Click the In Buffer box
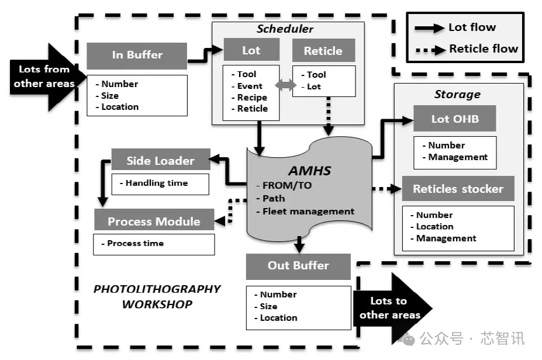(x=137, y=56)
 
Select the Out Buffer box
(x=298, y=266)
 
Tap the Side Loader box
(x=161, y=160)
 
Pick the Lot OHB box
(x=454, y=118)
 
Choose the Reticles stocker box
(x=458, y=189)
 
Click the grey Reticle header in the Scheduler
(x=323, y=50)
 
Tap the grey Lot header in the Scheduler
(x=251, y=50)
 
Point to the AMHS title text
(x=310, y=171)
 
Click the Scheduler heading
(x=285, y=29)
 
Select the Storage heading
(x=457, y=94)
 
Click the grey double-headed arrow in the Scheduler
(x=285, y=85)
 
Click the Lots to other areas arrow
(x=392, y=309)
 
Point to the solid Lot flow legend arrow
(x=429, y=28)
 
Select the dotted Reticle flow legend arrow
(x=430, y=50)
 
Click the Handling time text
(x=157, y=183)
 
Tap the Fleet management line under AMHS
(x=306, y=211)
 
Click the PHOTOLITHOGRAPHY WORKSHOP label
(x=157, y=296)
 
